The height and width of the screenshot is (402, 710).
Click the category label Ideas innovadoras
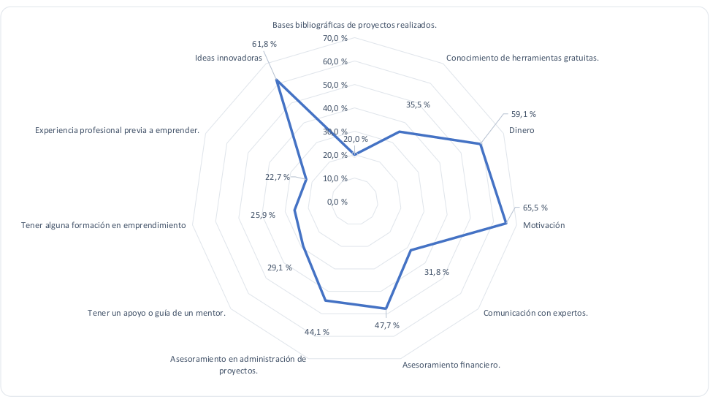229,58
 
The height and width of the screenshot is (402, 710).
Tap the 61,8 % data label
264,44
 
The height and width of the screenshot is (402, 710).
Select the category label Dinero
522,130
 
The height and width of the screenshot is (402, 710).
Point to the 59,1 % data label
524,114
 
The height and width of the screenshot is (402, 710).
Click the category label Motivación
544,225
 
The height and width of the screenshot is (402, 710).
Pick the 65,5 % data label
535,208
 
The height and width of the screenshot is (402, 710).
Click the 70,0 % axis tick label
335,38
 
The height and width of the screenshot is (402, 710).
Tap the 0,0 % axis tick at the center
337,202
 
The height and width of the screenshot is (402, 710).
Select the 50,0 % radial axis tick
335,85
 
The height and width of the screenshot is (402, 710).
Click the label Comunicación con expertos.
535,313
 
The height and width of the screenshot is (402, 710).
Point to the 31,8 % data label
437,272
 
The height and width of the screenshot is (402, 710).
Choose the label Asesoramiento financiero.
451,364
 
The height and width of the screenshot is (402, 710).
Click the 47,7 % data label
387,325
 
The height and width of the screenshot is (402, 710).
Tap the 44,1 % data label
317,332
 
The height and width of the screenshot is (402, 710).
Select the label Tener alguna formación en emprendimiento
104,225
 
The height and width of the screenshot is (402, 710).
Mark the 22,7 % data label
277,177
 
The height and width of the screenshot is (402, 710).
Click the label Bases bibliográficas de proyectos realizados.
354,24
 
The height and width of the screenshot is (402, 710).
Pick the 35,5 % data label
418,105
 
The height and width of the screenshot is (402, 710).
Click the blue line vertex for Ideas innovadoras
278,80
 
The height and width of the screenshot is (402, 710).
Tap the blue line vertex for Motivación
506,224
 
